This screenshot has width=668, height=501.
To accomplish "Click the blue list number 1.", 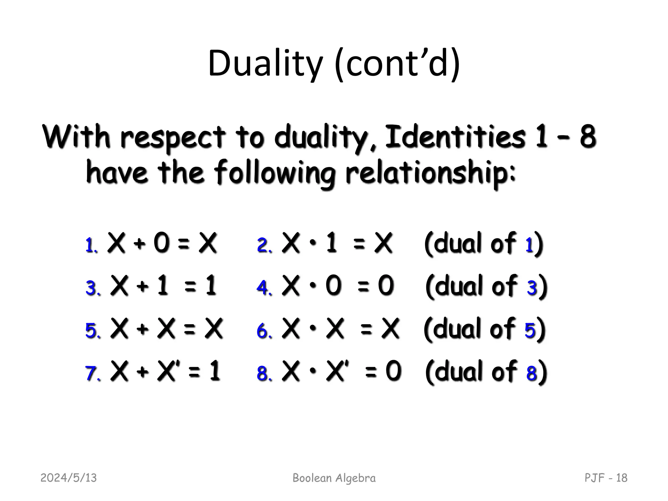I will coord(91,245).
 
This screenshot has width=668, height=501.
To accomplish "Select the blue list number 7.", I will coord(92,373).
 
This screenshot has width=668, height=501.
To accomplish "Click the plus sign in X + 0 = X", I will coord(139,244).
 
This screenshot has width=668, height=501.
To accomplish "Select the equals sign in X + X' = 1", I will coord(194,372).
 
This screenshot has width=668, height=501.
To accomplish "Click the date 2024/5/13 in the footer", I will coord(68,478).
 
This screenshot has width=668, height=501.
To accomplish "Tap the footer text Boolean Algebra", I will coord(334,478).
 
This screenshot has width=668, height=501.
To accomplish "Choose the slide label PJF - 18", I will coord(606,478).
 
